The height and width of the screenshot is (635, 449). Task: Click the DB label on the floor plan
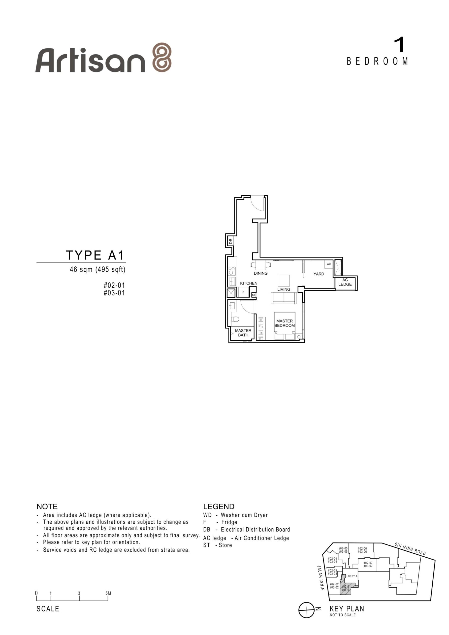[231, 241]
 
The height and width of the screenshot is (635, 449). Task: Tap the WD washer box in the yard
[329, 264]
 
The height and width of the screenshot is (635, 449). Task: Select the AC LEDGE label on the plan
[345, 282]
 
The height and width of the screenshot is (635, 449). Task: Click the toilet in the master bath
[235, 319]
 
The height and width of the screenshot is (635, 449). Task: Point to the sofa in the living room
[284, 298]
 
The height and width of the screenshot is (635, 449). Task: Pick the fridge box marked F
[243, 292]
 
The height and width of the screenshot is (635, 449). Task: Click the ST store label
[254, 295]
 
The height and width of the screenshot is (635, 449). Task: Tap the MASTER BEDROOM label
[284, 323]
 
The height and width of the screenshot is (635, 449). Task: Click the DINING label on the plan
[261, 273]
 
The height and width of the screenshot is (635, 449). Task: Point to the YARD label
[319, 274]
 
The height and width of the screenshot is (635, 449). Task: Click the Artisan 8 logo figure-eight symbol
[162, 57]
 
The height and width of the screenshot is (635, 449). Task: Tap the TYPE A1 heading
[95, 255]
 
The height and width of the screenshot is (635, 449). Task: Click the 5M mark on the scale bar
[108, 593]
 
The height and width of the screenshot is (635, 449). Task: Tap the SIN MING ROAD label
[410, 549]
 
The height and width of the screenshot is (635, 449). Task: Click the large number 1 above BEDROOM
[399, 45]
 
